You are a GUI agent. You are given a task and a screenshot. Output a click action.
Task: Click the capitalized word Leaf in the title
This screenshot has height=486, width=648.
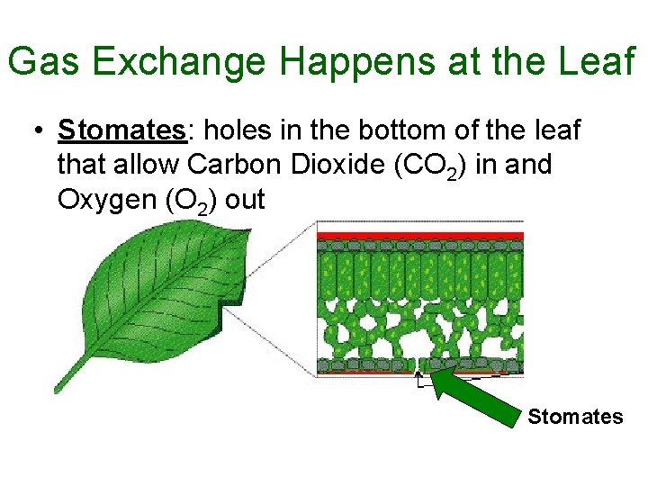click(598, 62)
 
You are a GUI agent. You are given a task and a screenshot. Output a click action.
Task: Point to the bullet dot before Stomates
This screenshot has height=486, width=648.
click(35, 131)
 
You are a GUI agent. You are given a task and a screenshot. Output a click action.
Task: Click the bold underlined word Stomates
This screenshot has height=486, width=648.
click(121, 131)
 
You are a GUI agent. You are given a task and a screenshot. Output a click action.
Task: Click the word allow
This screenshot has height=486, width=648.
click(152, 166)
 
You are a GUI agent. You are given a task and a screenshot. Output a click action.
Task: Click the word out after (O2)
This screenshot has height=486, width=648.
click(245, 200)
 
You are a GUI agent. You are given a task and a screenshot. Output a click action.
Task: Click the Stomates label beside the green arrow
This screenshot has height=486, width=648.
click(575, 417)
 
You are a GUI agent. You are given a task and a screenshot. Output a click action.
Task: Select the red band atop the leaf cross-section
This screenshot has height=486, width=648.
click(419, 236)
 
